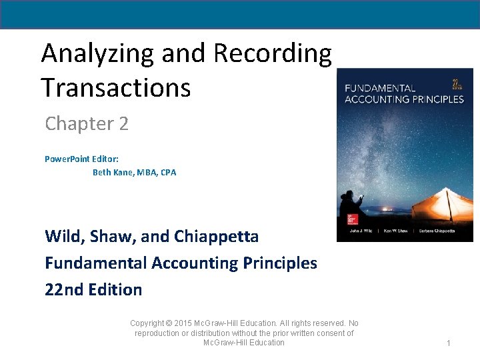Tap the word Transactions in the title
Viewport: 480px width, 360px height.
(115, 87)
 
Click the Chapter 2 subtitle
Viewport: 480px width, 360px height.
(87, 124)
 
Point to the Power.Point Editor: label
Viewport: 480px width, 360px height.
(82, 159)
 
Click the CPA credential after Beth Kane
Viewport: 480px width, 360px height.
(168, 173)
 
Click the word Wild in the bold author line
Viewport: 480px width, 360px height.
(63, 237)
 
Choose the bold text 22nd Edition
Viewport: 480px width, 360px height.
(93, 290)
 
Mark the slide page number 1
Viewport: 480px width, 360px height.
(449, 343)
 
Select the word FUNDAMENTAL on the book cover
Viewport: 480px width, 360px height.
(379, 88)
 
